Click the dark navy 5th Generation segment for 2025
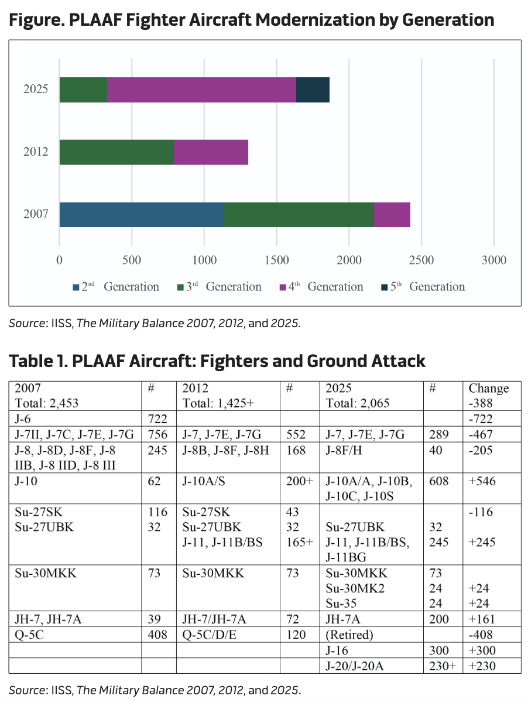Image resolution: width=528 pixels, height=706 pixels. click(x=313, y=90)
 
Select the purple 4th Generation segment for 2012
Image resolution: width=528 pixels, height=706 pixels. click(x=211, y=152)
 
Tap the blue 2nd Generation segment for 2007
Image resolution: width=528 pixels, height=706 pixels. click(x=140, y=214)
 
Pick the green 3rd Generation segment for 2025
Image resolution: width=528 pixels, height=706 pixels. click(x=83, y=90)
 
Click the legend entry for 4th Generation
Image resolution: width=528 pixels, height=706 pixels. click(x=321, y=287)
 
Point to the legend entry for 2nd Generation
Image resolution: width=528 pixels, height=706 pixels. click(x=116, y=287)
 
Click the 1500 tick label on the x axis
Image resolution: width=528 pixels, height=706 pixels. click(x=276, y=261)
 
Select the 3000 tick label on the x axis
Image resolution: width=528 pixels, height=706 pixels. click(x=493, y=261)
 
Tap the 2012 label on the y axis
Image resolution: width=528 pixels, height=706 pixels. click(x=36, y=152)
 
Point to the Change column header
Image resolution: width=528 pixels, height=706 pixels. click(x=489, y=388)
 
